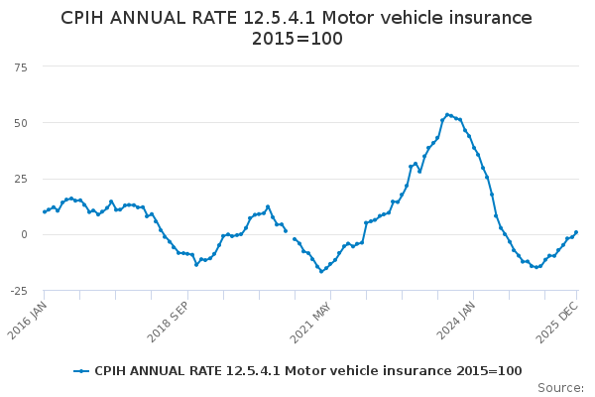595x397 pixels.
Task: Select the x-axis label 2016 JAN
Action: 28,321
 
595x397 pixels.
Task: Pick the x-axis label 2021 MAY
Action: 310,321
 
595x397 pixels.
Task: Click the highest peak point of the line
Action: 448,114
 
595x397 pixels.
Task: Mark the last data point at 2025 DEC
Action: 576,232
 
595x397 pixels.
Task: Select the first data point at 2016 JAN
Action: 45,211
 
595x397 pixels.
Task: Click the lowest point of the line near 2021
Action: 321,271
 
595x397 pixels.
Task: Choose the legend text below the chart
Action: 307,371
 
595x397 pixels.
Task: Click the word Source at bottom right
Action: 559,387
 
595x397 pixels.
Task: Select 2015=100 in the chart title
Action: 297,40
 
